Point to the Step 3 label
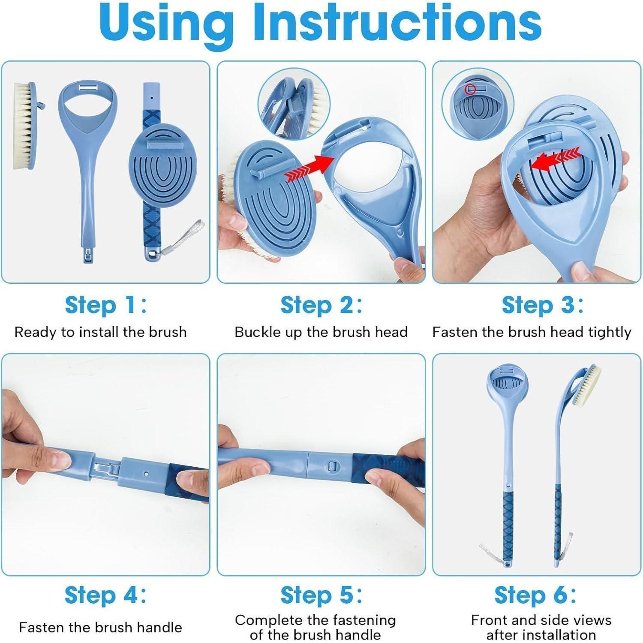[543, 305]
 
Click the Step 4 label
[105, 595]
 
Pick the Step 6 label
[535, 595]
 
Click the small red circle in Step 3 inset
[471, 89]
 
